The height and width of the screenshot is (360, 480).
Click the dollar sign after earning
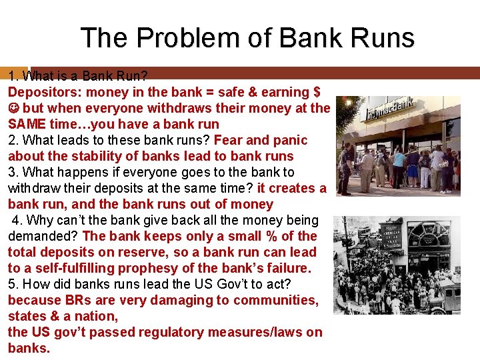pos(316,92)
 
